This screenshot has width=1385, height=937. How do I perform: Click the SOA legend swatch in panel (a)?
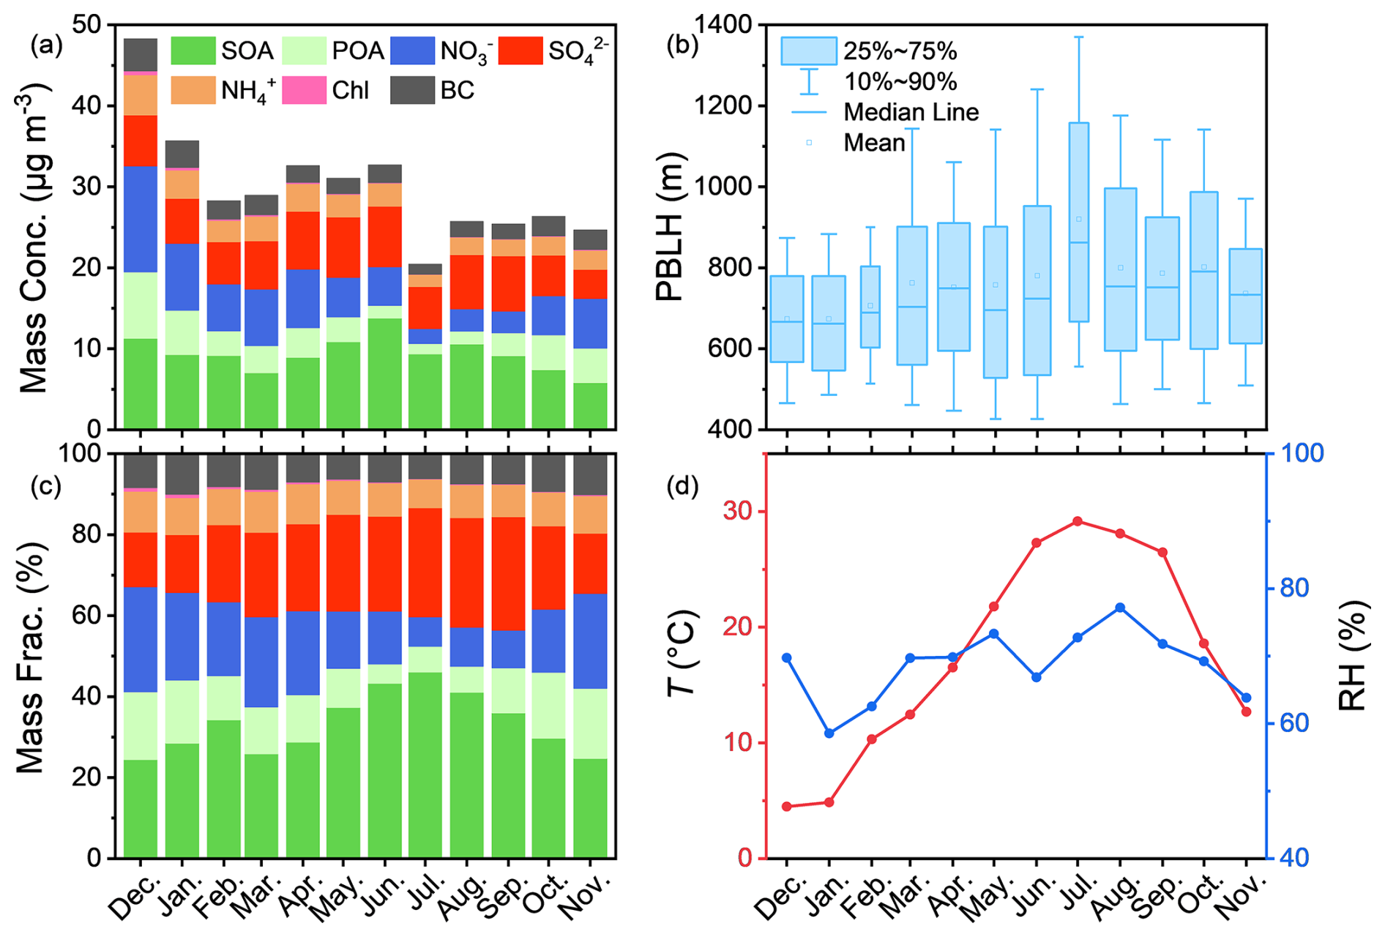pyautogui.click(x=193, y=51)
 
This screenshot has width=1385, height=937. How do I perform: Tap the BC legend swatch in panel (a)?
pyautogui.click(x=412, y=90)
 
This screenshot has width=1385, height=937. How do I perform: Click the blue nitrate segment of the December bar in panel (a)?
pyautogui.click(x=141, y=219)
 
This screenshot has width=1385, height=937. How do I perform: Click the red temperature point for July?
pyautogui.click(x=1078, y=521)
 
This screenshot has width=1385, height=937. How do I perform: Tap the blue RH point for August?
pyautogui.click(x=1120, y=608)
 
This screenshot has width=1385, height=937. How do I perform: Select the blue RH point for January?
pyautogui.click(x=829, y=733)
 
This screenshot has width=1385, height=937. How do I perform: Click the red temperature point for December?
pyautogui.click(x=787, y=806)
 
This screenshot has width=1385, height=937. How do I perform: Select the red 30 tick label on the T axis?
pyautogui.click(x=740, y=511)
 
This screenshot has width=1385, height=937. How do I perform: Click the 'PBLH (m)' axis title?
pyautogui.click(x=669, y=227)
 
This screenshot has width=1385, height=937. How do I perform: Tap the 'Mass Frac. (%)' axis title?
pyautogui.click(x=31, y=657)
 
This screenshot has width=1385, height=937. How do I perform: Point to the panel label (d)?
pyautogui.click(x=682, y=486)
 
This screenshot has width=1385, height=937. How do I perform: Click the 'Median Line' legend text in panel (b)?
pyautogui.click(x=911, y=112)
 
